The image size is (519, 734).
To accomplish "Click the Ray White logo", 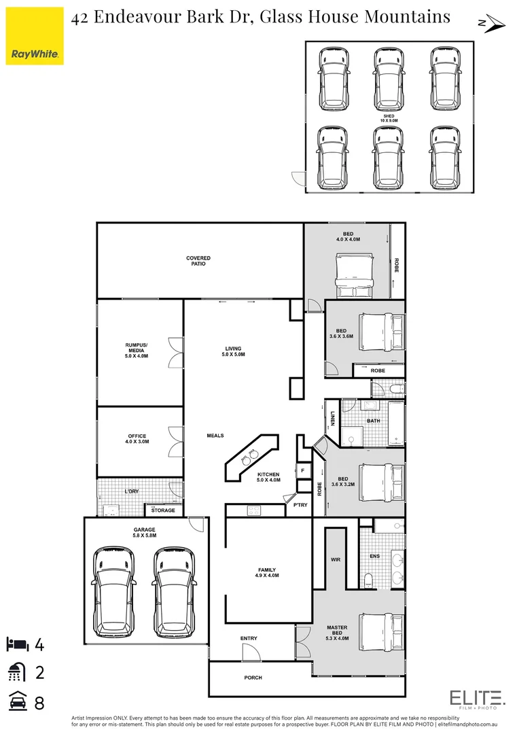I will click(x=35, y=36).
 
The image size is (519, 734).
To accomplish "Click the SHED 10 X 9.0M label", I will click(x=389, y=119).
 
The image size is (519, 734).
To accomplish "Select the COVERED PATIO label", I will click(x=198, y=261).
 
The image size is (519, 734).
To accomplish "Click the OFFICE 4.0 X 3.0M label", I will click(x=137, y=439).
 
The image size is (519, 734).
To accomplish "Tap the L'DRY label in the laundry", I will click(x=131, y=491).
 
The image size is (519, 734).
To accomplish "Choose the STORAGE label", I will click(x=163, y=510).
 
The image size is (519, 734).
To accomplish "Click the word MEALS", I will click(x=215, y=436).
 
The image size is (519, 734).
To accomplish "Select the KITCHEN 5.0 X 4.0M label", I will click(x=268, y=477).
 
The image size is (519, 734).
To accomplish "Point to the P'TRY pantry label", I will click(x=300, y=505).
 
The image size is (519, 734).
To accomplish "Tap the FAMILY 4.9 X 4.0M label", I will click(x=267, y=572).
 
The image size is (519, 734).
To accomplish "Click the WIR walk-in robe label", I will click(x=335, y=559).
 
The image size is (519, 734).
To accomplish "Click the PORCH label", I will click(x=253, y=678).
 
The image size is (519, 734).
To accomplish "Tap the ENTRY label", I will click(x=249, y=639).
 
